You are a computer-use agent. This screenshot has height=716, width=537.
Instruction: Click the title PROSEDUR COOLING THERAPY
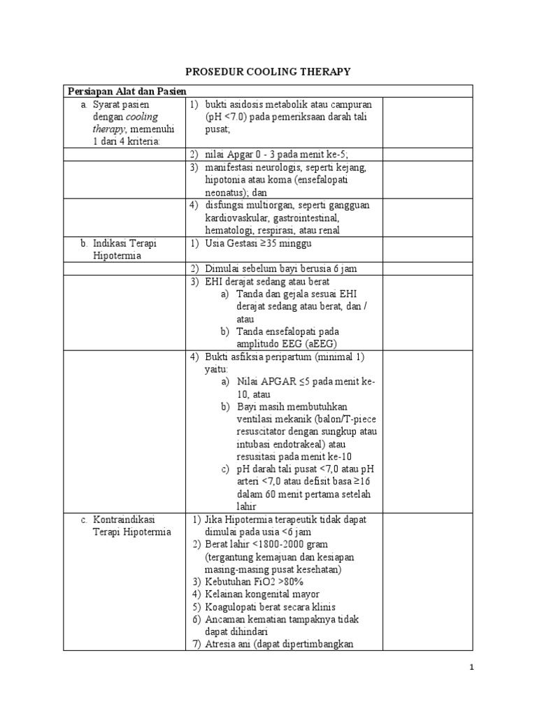pyautogui.click(x=268, y=71)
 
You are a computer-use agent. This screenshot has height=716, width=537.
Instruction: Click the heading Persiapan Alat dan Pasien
pyautogui.click(x=127, y=91)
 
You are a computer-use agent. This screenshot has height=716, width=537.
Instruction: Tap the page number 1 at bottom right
pyautogui.click(x=472, y=668)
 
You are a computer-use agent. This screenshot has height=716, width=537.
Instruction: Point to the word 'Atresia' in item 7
pyautogui.click(x=221, y=645)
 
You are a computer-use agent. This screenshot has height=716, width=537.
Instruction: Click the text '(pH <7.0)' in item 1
pyautogui.click(x=227, y=117)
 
